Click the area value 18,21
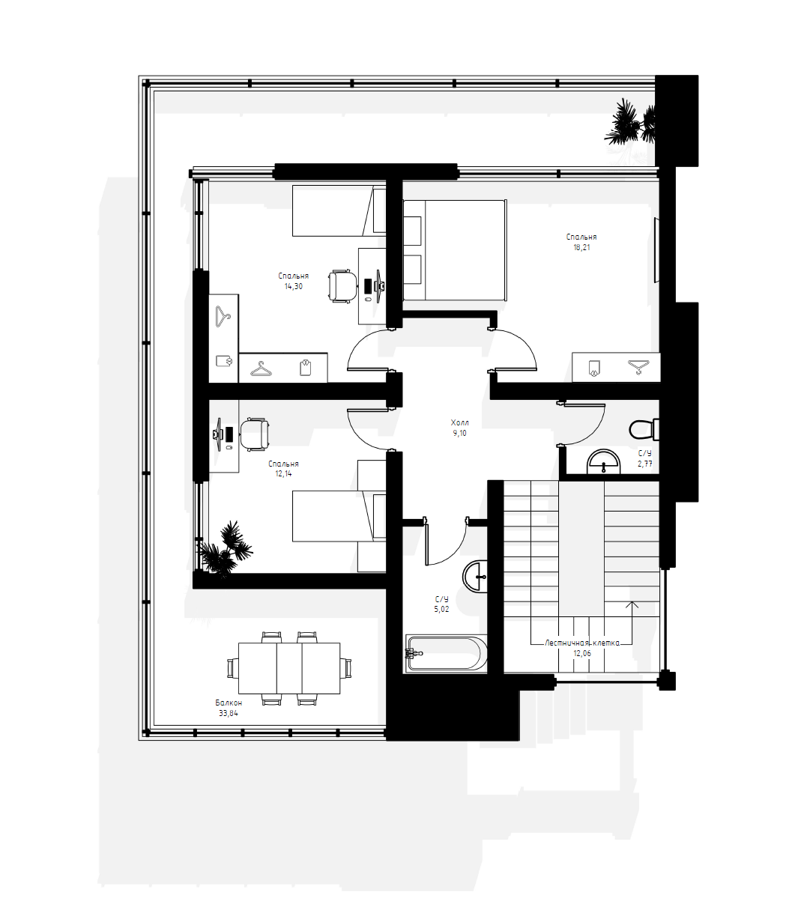[x=581, y=247]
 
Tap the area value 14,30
[x=294, y=287]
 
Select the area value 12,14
[x=283, y=474]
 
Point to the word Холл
[x=460, y=422]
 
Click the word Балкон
[x=229, y=703]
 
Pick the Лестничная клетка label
[x=582, y=643]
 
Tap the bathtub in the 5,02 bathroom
[x=445, y=653]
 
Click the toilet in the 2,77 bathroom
[x=644, y=429]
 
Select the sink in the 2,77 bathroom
[x=604, y=462]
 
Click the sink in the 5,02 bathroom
[x=475, y=576]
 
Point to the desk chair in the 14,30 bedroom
[x=342, y=286]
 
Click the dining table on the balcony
[x=289, y=668]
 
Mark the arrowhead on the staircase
[x=632, y=604]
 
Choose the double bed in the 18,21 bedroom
[x=455, y=250]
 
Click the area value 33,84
[x=229, y=713]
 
